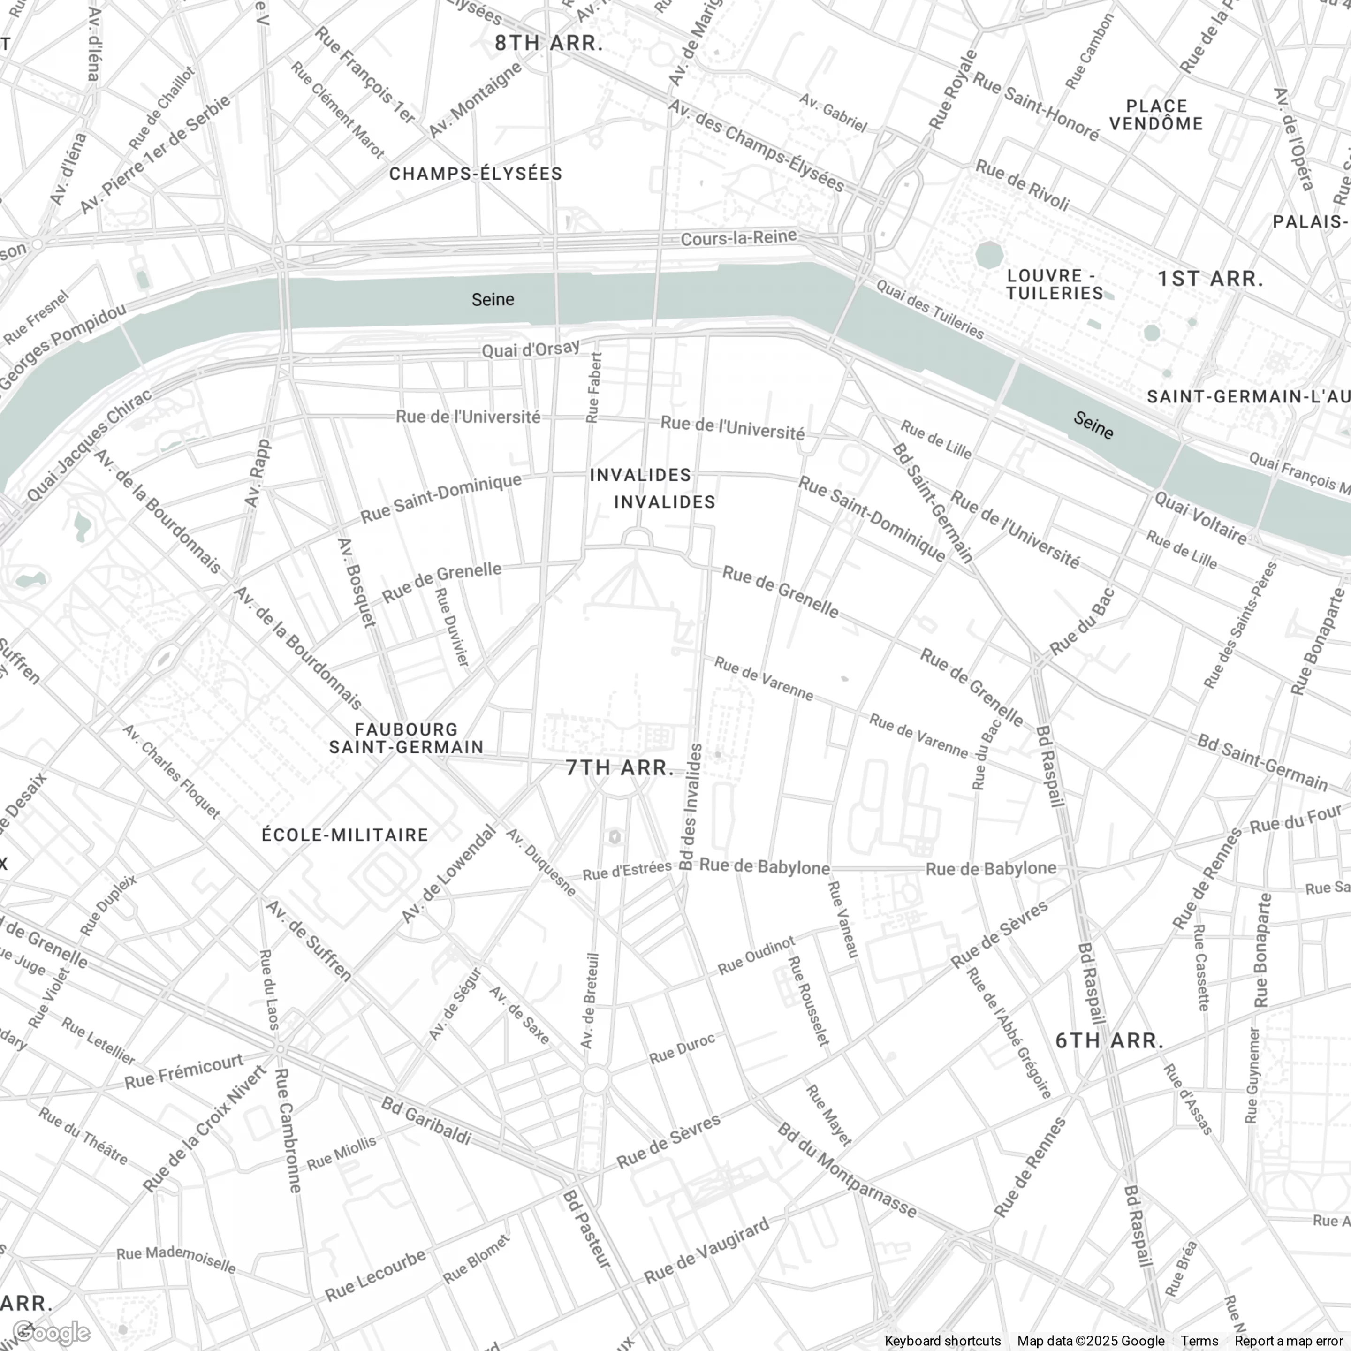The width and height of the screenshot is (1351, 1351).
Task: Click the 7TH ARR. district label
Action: point(620,768)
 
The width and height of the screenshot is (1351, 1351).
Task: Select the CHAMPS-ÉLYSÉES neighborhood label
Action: point(476,174)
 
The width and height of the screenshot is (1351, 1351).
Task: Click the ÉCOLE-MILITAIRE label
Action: point(345,835)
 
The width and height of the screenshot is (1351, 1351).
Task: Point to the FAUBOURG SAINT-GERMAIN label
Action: point(406,738)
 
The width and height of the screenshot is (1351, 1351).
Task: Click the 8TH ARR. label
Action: point(549,43)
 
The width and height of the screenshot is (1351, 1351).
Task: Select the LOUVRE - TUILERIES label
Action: point(1055,284)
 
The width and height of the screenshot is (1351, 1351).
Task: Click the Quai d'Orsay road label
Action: point(531,348)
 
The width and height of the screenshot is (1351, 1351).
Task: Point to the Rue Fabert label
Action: point(594,387)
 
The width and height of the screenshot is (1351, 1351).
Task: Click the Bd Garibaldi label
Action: point(426,1122)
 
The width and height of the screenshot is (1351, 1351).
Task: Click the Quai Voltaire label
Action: point(1200,519)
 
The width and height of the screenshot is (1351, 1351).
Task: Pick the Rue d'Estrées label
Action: point(627,871)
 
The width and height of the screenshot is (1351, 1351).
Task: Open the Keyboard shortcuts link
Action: point(942,1341)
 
